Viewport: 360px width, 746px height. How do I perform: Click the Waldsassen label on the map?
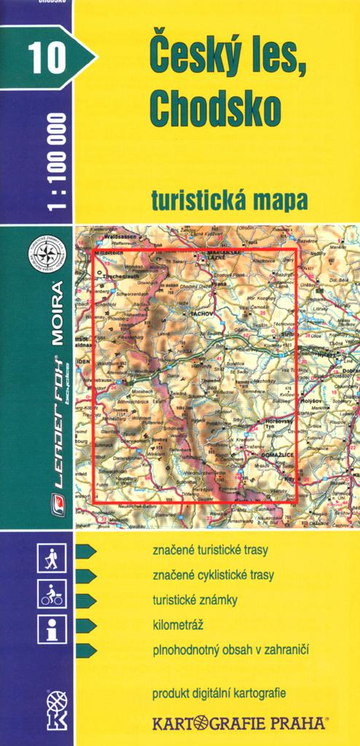(x=120, y=237)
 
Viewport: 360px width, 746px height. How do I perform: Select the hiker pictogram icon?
(x=52, y=559)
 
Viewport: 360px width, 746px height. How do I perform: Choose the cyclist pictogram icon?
(x=52, y=594)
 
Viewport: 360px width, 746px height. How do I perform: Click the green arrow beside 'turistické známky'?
(x=86, y=600)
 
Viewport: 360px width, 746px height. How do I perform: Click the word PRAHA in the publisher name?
(x=295, y=723)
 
